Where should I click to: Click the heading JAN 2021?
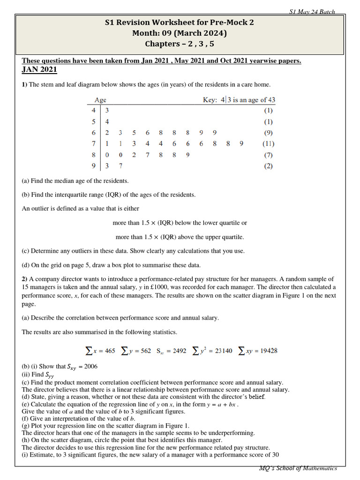coord(39,69)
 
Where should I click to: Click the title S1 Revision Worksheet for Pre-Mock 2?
coord(180,22)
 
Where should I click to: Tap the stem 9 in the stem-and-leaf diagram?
coord(94,165)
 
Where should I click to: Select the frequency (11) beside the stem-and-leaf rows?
coord(268,143)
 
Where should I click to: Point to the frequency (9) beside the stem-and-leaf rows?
coord(268,133)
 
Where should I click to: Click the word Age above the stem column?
coord(100,100)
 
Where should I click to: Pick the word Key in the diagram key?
coord(210,100)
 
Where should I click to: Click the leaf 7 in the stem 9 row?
coord(120,165)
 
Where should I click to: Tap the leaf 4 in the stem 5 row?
coord(107,122)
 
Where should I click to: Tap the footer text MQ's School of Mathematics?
coord(298,468)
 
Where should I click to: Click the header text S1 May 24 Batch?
coord(312,12)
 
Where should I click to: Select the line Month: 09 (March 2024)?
coord(180,33)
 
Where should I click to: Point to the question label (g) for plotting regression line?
coord(26,426)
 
